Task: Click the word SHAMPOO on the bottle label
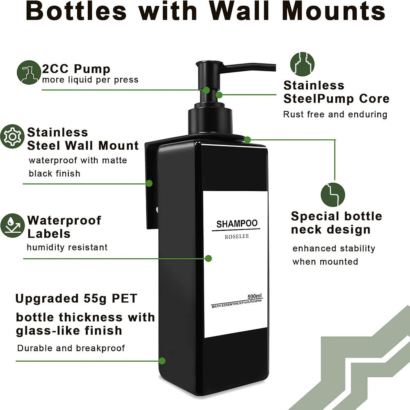coord(237,223)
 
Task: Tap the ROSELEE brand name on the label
coord(237,237)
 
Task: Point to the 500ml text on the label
coord(255,296)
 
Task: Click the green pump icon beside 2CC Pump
coord(29,73)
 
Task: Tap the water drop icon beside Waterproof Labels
coord(12,225)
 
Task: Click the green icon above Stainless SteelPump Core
coord(303,64)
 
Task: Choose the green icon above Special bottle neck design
coord(333,194)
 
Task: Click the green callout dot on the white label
coord(208,258)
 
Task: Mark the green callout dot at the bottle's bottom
coord(162,361)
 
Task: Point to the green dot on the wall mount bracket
coord(150,183)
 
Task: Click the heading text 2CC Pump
coord(76,68)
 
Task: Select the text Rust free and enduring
coord(335,114)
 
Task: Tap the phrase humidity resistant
coord(67,247)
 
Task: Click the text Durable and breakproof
coord(71,348)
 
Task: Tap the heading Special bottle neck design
coord(336,223)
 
